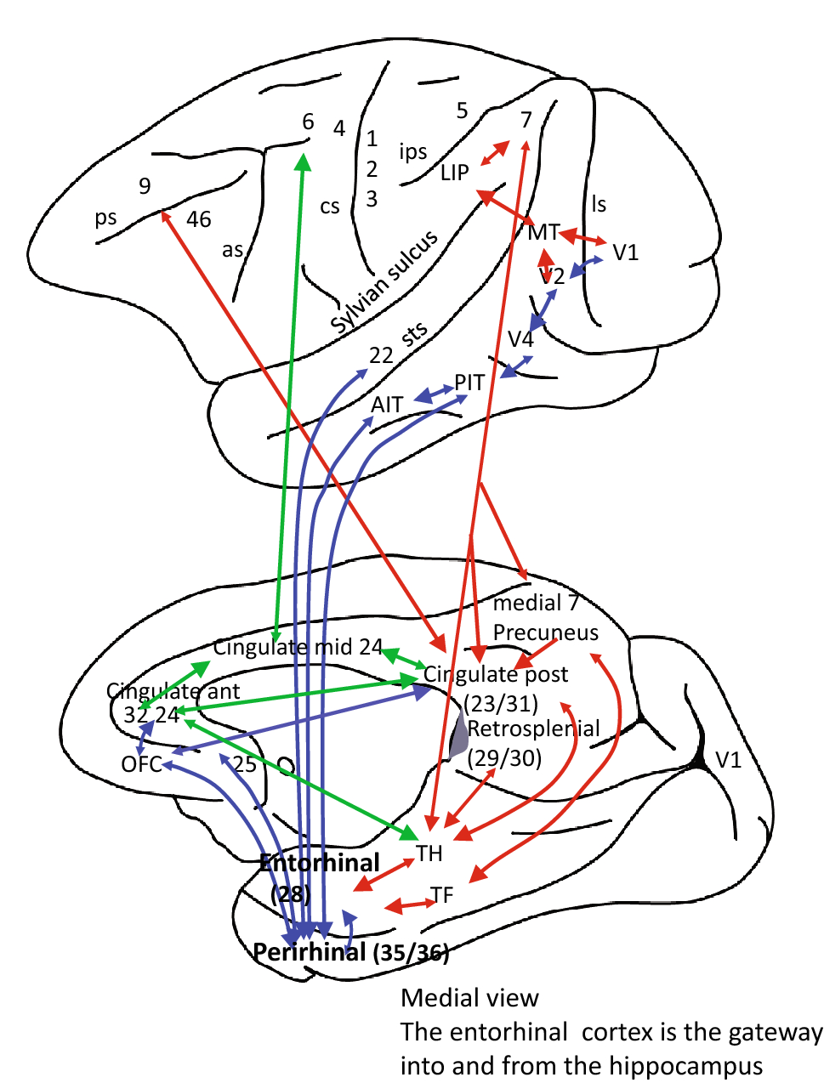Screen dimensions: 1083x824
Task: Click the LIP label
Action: [x=455, y=173]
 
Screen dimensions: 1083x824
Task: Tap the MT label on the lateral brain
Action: [x=543, y=232]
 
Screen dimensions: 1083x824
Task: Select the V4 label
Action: [x=520, y=339]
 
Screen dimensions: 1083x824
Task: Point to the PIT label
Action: [x=469, y=383]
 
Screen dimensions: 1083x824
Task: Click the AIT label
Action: [x=387, y=405]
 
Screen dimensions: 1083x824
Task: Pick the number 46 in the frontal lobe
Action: [x=198, y=219]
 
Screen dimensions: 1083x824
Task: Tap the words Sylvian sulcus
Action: [x=384, y=281]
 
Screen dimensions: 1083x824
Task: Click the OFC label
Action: [x=141, y=763]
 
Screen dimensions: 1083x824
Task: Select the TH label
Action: [x=429, y=853]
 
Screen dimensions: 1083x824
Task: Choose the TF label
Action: [x=442, y=894]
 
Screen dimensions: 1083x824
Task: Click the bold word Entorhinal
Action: [x=320, y=863]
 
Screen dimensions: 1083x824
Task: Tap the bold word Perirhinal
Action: [x=310, y=951]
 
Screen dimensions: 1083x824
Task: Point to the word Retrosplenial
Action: [x=533, y=729]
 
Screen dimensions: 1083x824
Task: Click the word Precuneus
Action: [x=545, y=632]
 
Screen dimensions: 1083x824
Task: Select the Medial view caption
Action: [x=469, y=997]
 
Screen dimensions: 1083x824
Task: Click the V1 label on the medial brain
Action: [x=729, y=759]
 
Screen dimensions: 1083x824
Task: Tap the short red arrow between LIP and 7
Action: [x=494, y=153]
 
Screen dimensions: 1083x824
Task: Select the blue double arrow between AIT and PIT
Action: [x=434, y=394]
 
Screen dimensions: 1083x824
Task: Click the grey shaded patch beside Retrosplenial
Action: [x=458, y=737]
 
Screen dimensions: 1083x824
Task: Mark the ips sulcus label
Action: [x=413, y=151]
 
